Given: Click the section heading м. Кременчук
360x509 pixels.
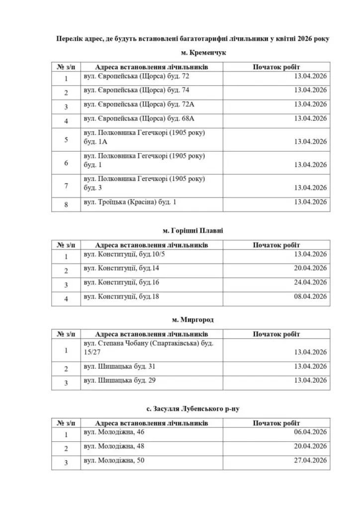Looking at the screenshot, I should click(190, 53).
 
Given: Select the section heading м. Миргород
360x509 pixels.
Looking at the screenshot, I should click(190, 320).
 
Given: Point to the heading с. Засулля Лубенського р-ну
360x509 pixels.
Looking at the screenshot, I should click(190, 409).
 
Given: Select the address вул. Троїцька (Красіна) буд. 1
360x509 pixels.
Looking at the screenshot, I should click(130, 202).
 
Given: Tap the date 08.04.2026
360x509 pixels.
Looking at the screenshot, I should click(310, 297).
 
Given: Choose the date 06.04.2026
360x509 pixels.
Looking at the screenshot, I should click(310, 432).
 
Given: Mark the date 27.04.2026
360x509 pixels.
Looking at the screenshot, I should click(310, 461).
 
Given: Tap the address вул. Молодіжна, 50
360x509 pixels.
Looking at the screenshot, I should click(114, 461).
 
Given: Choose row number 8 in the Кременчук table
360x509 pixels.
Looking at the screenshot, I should click(66, 204).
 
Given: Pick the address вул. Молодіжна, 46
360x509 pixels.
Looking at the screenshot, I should click(114, 432).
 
